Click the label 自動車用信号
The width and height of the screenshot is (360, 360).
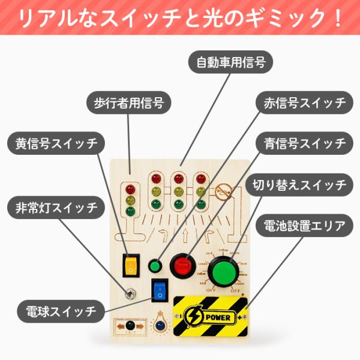[x=231, y=61]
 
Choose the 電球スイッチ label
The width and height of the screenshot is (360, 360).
[x=59, y=311]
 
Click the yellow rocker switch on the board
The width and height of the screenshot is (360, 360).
[x=130, y=265]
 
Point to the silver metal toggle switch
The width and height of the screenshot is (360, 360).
[x=128, y=294]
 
